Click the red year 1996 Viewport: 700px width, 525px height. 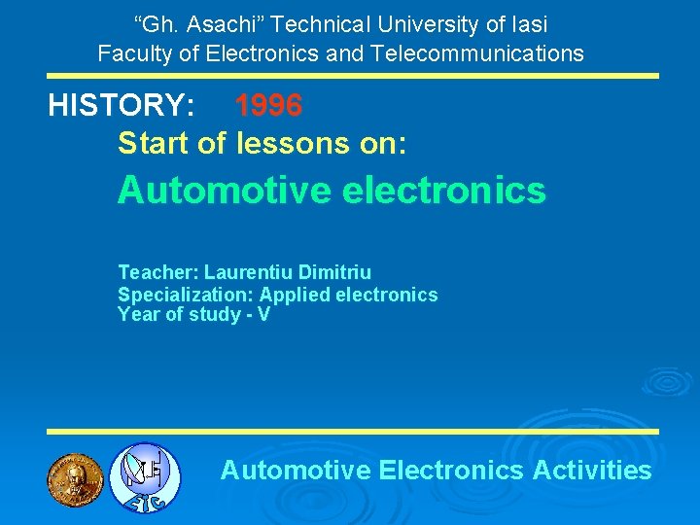(x=268, y=105)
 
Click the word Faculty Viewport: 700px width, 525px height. (x=133, y=52)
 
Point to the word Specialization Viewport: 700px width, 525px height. (x=185, y=295)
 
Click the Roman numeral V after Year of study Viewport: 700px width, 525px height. (x=263, y=314)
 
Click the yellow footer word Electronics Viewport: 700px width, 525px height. (x=451, y=471)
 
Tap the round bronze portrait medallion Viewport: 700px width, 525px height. (x=75, y=478)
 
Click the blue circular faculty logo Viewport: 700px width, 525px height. (x=145, y=477)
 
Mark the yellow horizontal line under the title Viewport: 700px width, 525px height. (x=354, y=76)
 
